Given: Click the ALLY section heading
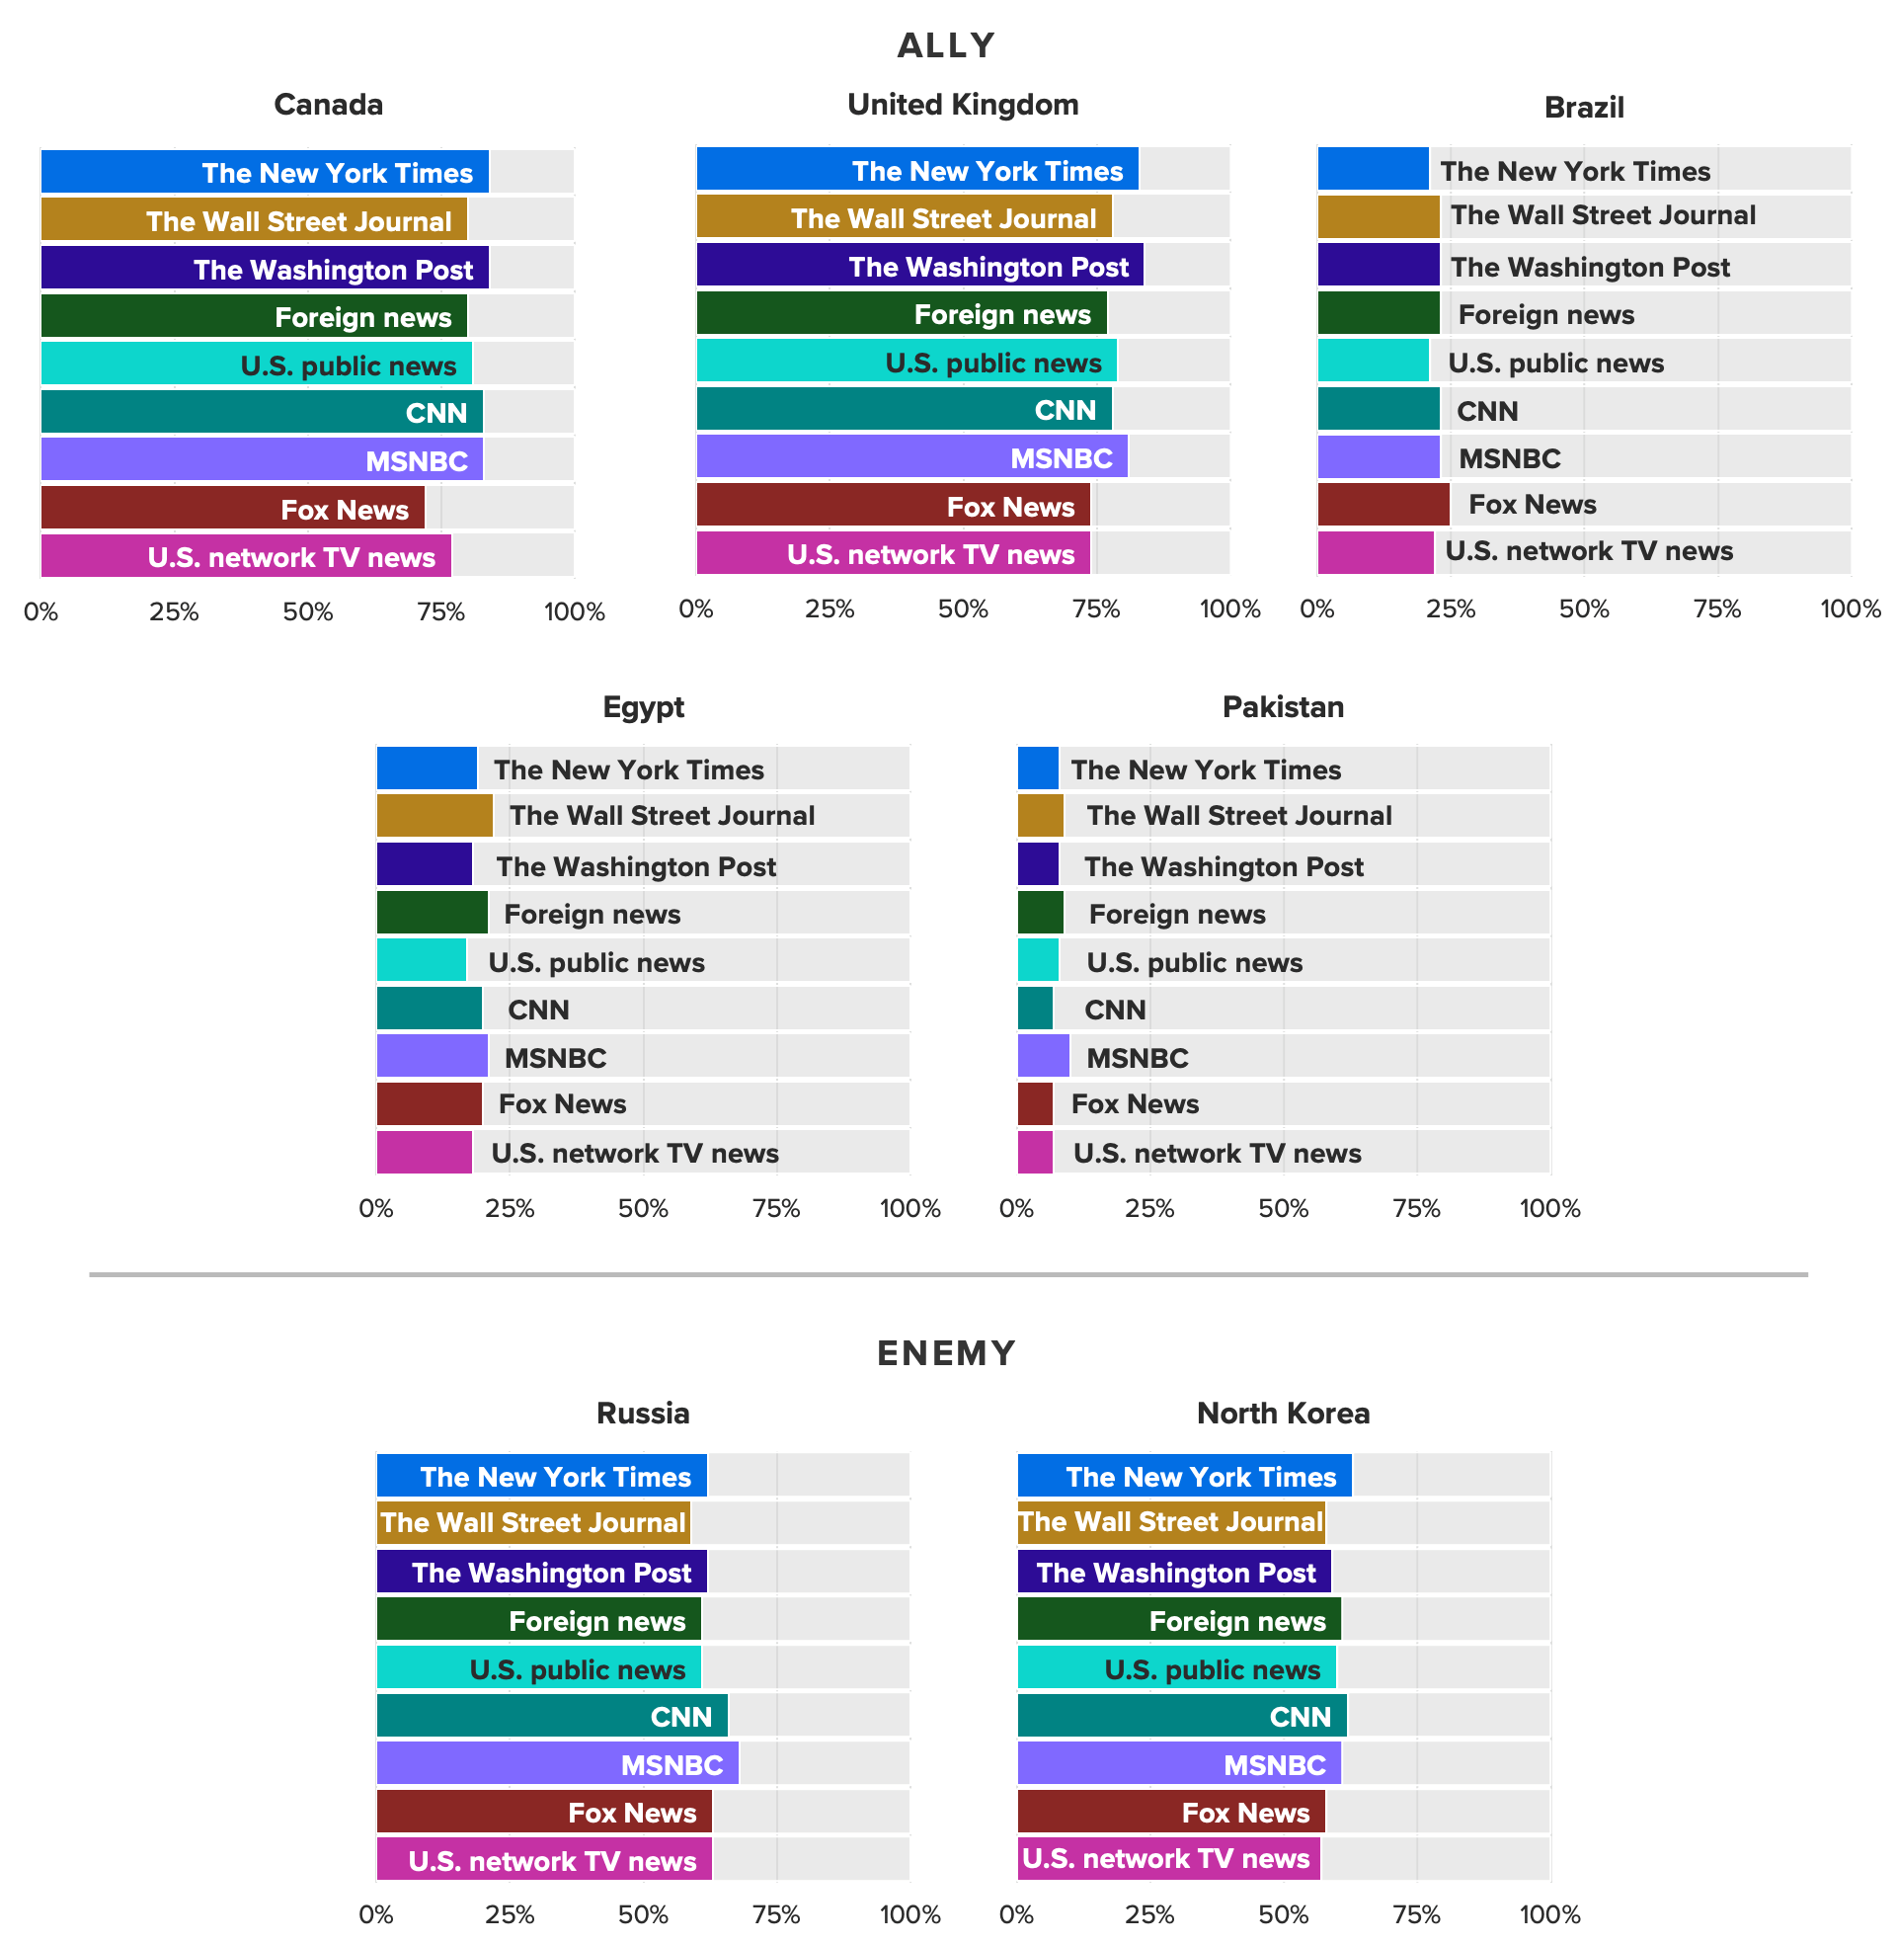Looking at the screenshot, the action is point(946,45).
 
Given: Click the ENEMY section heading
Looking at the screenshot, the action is point(946,1353).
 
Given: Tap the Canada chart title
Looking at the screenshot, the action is point(329,105).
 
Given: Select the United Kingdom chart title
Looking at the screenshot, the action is point(963,105).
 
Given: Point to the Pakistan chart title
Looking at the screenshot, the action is point(1283,707).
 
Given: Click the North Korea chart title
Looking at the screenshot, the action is point(1283,1414).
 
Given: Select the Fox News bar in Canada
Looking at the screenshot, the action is point(233,508).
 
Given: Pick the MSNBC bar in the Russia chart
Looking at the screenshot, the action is point(558,1764).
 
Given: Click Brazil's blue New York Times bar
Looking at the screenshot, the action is point(1374,168).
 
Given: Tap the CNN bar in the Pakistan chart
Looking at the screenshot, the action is point(1035,1009).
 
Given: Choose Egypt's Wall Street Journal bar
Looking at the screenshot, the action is point(435,816).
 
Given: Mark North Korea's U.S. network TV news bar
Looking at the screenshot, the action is point(1169,1859).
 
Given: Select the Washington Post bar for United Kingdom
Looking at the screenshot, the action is point(920,265).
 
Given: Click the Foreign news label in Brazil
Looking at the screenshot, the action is point(1546,316).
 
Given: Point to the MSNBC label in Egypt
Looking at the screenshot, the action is point(556,1058).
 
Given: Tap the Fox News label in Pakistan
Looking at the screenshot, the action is point(1136,1104).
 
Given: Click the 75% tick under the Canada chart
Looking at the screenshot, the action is point(441,612).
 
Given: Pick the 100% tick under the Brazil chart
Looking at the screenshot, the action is point(1851,609).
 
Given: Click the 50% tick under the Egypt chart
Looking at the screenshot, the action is point(643,1209).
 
